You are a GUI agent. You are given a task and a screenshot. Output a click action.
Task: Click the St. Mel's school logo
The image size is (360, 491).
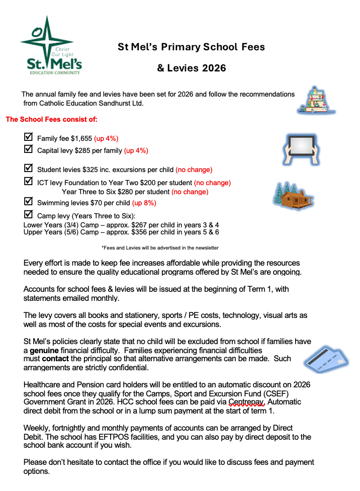point(50,45)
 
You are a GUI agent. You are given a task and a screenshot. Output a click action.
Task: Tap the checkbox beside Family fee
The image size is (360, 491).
point(29,137)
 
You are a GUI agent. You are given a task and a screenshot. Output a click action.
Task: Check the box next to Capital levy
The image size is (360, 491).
point(29,149)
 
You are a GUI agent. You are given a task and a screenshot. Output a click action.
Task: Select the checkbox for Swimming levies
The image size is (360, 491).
point(29,201)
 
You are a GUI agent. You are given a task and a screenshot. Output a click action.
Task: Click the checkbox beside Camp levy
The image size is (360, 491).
point(29,215)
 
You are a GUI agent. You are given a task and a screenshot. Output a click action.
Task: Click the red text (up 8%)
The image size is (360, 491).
point(144,203)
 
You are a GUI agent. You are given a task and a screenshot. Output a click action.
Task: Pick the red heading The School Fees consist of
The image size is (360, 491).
point(51,120)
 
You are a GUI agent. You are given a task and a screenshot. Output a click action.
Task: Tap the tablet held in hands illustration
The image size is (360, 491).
point(301,149)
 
